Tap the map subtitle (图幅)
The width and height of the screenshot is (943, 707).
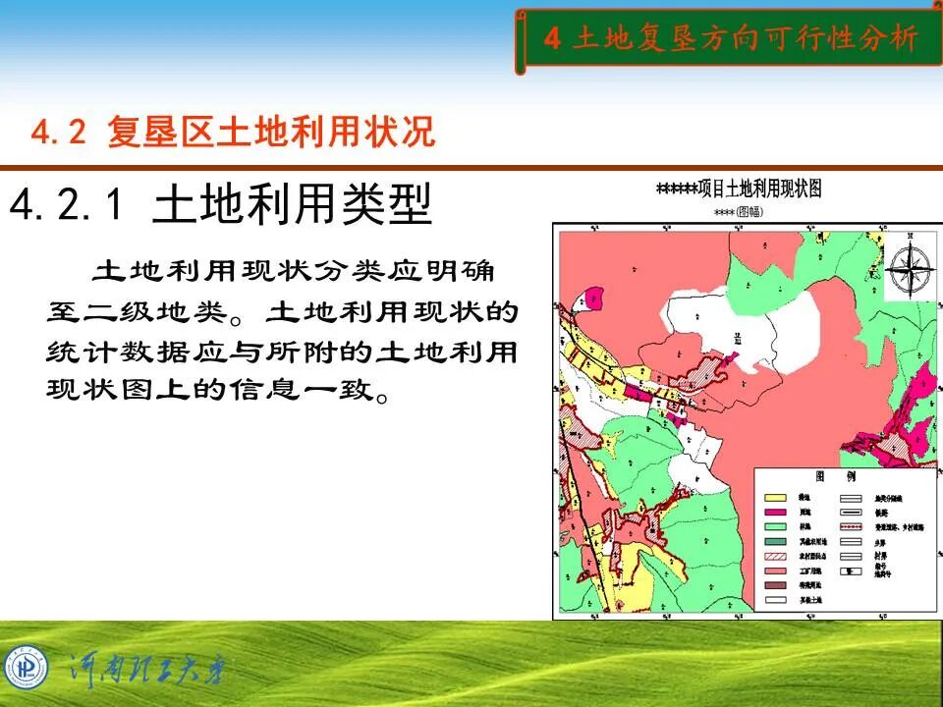[738, 211]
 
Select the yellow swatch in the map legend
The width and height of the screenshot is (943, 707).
[776, 499]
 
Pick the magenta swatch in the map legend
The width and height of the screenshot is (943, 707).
[776, 513]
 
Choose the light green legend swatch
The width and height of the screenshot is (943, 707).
[776, 527]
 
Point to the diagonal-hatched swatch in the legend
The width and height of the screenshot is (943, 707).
[776, 556]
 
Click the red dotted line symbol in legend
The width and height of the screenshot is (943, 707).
[851, 527]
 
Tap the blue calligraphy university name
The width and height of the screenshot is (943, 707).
[147, 673]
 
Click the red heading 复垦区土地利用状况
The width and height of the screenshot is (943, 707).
[270, 132]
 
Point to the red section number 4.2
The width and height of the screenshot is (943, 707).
[60, 133]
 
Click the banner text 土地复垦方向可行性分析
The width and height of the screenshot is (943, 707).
[746, 38]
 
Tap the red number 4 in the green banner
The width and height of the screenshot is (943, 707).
[552, 38]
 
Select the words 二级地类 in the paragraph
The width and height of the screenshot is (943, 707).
[148, 313]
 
